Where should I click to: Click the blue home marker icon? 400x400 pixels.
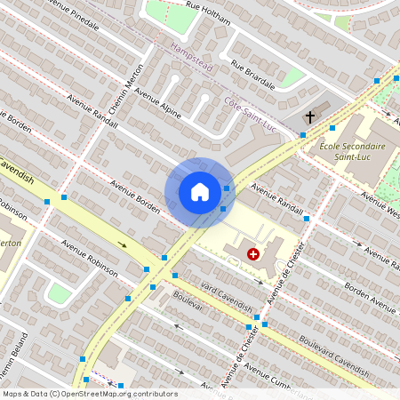coord(200,192)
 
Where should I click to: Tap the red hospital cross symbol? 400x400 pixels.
coord(253,254)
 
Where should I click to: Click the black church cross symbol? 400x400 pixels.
coord(310,117)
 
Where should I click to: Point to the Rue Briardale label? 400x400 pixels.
coord(252,74)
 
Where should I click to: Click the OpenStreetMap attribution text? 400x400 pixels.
coord(89,394)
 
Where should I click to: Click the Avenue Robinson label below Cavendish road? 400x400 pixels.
coord(89,258)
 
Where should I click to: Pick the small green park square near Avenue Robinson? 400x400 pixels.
coord(59,293)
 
